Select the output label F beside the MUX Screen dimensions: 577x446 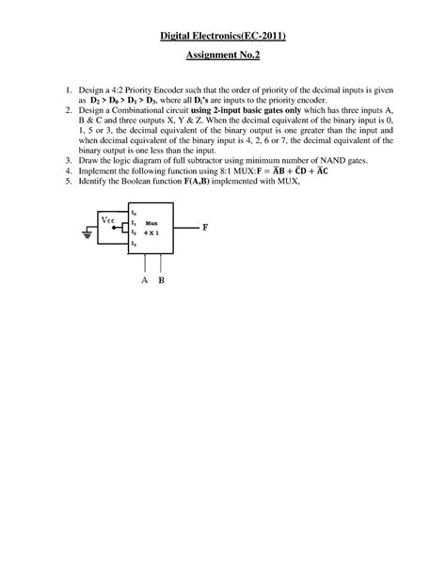pyautogui.click(x=205, y=228)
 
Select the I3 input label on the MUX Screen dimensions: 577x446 pyautogui.click(x=135, y=242)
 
